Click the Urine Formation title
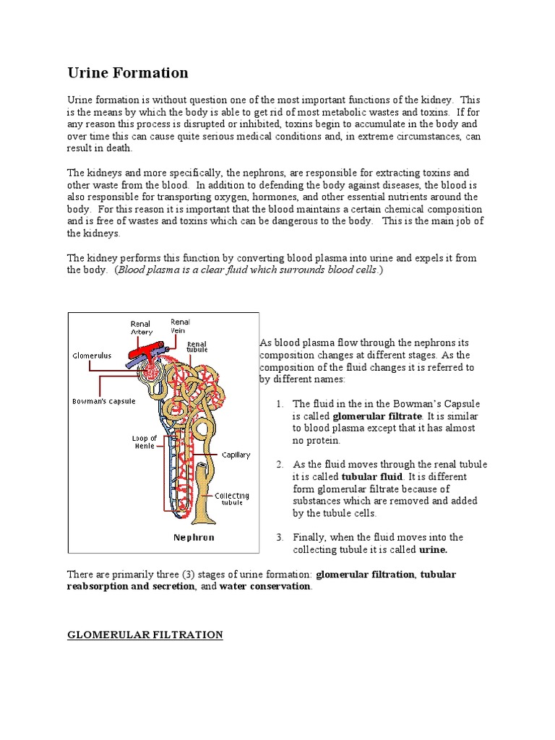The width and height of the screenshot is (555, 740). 128,73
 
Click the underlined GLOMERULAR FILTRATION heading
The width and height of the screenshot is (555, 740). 145,635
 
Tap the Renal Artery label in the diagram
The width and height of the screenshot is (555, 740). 141,328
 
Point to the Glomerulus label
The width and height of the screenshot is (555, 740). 91,356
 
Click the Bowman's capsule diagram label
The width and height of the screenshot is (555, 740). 103,401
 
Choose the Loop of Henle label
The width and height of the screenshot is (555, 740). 144,442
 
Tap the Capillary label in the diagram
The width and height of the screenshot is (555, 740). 236,455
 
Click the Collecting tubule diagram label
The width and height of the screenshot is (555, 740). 232,499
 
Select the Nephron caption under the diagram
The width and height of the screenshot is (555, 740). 194,538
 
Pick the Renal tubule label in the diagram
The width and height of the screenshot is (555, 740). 197,348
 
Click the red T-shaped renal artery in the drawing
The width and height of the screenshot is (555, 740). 147,351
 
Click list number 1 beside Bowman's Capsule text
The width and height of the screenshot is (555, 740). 279,404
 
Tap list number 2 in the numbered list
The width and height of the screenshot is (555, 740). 279,465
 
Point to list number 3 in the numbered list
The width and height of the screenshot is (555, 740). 279,538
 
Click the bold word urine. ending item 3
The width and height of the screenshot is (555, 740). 434,550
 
